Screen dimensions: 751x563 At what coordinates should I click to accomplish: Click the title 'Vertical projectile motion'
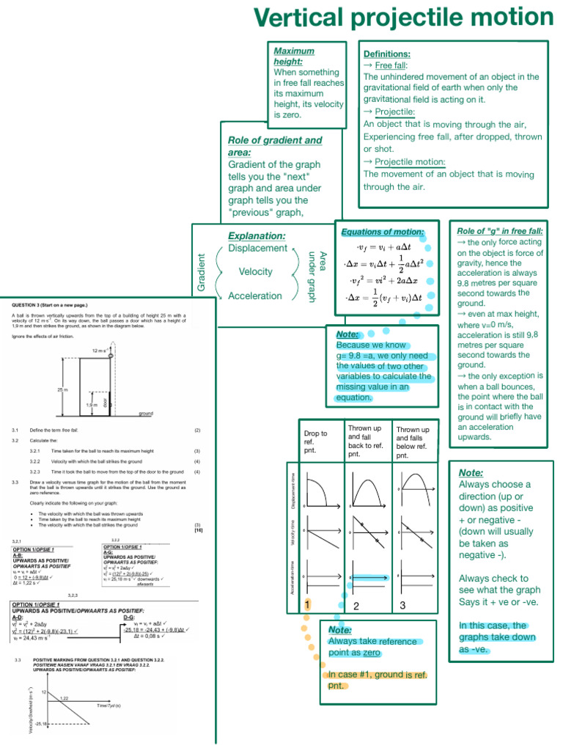coord(403,18)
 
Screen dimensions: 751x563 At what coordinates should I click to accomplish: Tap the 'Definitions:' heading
coord(387,54)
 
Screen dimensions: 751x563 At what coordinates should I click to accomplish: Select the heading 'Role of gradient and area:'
coord(275,146)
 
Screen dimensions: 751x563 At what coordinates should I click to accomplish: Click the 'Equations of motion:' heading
coord(383,232)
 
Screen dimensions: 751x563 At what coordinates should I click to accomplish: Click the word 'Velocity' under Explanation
coord(255,272)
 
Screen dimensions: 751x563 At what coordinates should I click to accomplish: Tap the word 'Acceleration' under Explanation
coord(255,296)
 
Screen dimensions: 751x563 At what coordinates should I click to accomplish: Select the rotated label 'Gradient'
coord(202,271)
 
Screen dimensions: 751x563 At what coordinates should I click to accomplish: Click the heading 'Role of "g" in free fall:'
coord(500,230)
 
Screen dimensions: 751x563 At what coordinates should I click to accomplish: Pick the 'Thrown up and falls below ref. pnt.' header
coord(413,442)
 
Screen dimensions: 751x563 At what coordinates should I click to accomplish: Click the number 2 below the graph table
coord(356,606)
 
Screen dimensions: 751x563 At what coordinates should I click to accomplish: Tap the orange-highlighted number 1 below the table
coord(308,604)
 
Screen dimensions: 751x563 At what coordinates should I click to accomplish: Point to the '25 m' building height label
coord(62,389)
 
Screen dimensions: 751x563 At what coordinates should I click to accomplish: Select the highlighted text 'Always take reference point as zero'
coord(372,647)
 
